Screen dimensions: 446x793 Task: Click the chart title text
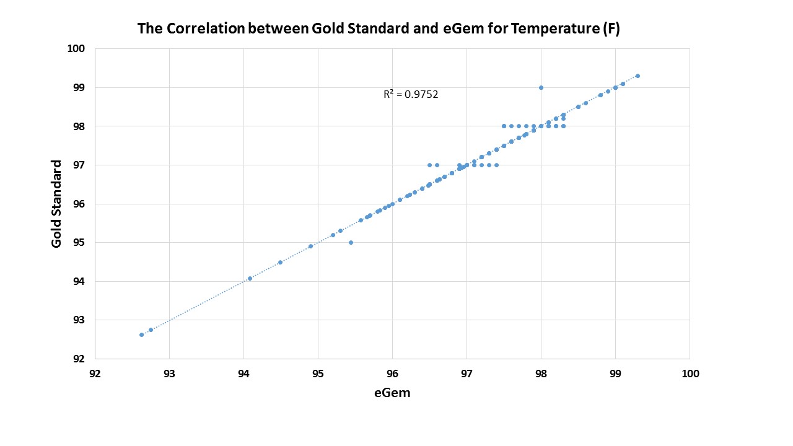tap(378, 28)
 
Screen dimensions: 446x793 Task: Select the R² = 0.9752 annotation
tap(411, 95)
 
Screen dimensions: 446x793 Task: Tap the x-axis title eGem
tap(392, 393)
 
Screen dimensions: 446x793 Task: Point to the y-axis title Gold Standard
tap(56, 204)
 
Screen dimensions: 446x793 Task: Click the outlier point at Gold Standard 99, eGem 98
tap(541, 87)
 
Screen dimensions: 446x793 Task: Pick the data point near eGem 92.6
tap(141, 334)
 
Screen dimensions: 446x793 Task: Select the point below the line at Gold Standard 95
tap(351, 242)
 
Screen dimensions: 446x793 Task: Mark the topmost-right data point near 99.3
tap(637, 76)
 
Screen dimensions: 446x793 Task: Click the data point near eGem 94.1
tap(250, 278)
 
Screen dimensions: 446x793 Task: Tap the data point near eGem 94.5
tap(280, 262)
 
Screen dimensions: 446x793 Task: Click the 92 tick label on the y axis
tap(80, 359)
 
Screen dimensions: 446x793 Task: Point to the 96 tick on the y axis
tap(80, 204)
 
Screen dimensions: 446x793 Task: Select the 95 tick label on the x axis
tap(318, 374)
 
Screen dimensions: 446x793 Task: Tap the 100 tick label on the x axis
tap(690, 374)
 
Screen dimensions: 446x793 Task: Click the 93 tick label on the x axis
tap(169, 374)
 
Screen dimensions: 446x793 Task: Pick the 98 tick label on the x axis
tap(541, 374)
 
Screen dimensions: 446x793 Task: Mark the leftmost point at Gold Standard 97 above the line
tap(429, 165)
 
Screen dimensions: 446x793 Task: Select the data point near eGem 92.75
tap(151, 330)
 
